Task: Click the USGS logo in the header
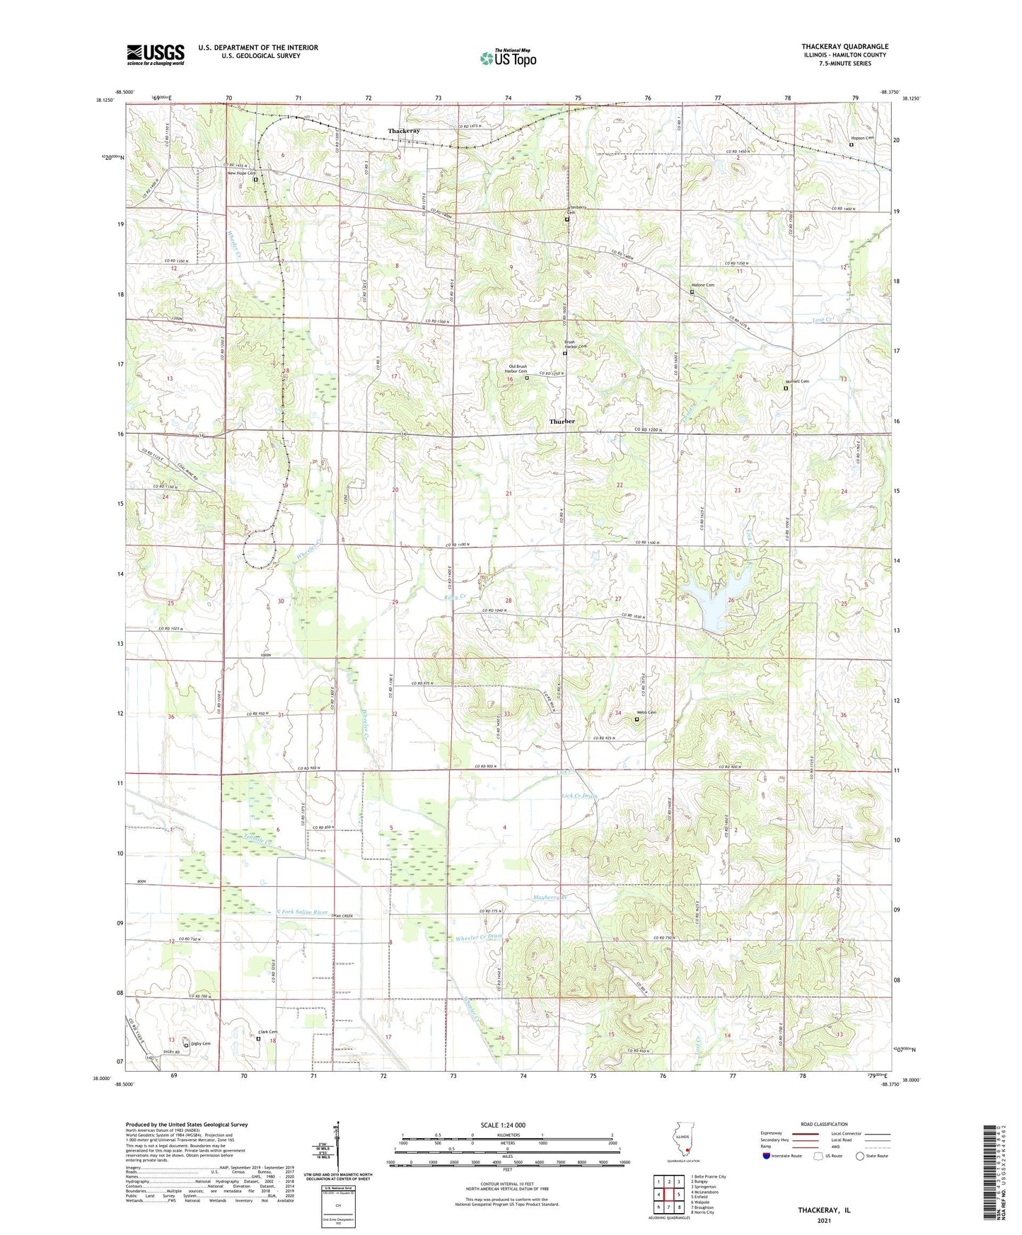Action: click(x=156, y=54)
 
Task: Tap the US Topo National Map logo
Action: click(x=508, y=58)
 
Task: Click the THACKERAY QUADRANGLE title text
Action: click(x=844, y=46)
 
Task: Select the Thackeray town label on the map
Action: click(x=404, y=131)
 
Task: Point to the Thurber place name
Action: click(x=562, y=421)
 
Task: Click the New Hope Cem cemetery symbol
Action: click(x=256, y=180)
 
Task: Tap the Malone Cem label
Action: click(x=702, y=285)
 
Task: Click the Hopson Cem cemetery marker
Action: click(x=851, y=145)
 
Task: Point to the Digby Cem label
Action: click(x=197, y=1044)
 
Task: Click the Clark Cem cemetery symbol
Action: click(x=258, y=1039)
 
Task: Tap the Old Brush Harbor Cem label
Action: click(x=515, y=369)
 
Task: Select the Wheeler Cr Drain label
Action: click(x=478, y=937)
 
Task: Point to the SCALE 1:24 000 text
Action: click(x=502, y=1125)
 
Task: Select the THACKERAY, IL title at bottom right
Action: click(x=824, y=1210)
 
